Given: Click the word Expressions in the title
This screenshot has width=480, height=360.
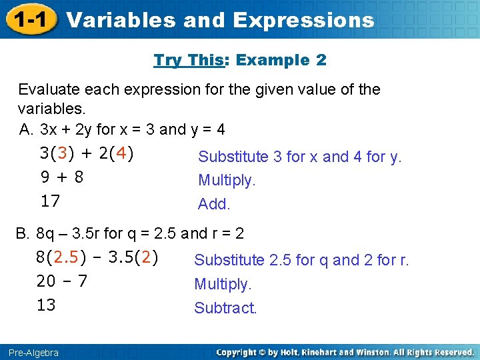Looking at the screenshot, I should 303,21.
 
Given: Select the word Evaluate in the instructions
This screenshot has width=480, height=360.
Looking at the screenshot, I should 49,89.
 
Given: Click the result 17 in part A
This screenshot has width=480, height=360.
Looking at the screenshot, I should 50,201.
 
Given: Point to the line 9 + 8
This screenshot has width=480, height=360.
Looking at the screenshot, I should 61,177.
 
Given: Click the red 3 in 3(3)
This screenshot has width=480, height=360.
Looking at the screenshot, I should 62,153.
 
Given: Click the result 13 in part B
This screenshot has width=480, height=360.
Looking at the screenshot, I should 46,305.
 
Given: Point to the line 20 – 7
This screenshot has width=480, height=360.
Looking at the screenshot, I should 61,281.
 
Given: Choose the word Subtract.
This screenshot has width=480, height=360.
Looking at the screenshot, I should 225,308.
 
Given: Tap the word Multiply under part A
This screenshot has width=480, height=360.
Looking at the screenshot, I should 227,181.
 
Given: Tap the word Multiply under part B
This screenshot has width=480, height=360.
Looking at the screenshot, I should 223,285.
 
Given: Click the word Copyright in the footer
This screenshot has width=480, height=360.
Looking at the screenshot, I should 238,352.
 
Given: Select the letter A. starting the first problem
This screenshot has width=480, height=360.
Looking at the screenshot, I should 27,129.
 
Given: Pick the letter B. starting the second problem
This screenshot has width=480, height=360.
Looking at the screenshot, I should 23,234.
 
